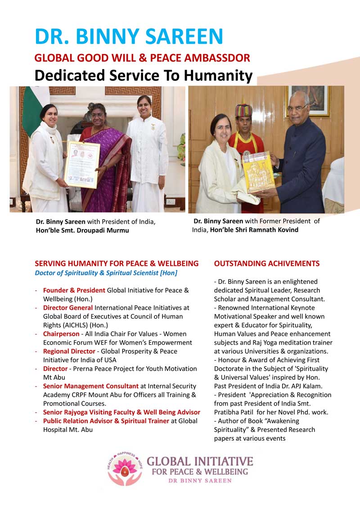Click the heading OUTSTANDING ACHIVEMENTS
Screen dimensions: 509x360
pyautogui.click(x=267, y=263)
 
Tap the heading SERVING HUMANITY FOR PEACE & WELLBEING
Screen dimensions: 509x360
pyautogui.click(x=117, y=263)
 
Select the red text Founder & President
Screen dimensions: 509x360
pyautogui.click(x=74, y=290)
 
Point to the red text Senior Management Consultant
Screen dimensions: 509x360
pyautogui.click(x=90, y=386)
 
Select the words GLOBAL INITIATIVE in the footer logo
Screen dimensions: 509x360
pyautogui.click(x=200, y=461)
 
